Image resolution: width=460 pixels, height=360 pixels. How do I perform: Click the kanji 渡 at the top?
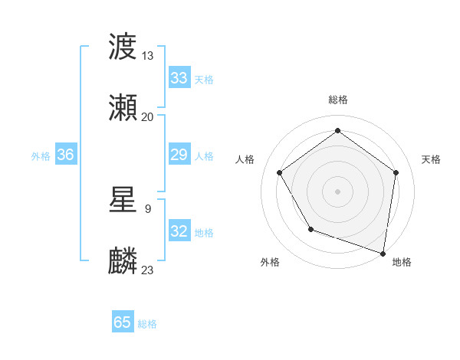click(123, 48)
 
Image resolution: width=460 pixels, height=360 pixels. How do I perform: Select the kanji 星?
click(123, 200)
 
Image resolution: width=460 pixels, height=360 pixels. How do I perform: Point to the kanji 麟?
click(123, 260)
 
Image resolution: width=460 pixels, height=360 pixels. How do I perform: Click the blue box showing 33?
click(179, 78)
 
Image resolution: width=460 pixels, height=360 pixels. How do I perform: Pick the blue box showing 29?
click(179, 155)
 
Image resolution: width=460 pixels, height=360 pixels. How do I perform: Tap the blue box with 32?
click(179, 231)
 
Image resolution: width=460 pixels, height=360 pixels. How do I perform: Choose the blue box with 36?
click(66, 155)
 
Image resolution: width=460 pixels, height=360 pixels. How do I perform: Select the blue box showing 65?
click(123, 322)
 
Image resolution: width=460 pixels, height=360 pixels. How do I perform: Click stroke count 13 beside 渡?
click(147, 56)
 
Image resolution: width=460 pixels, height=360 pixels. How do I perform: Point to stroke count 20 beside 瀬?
click(147, 116)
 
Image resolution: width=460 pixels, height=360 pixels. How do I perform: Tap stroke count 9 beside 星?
click(147, 208)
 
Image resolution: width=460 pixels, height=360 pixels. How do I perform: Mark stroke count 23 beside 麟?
click(147, 269)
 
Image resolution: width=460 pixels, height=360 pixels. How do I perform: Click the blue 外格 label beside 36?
click(41, 155)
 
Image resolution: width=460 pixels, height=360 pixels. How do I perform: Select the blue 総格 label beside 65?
click(147, 324)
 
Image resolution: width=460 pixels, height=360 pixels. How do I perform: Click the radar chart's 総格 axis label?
click(338, 100)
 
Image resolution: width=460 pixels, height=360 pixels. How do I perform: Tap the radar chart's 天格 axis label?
click(431, 159)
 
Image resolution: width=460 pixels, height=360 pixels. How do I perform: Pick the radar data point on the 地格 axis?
click(383, 253)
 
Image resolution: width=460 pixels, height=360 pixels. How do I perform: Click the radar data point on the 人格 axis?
click(280, 172)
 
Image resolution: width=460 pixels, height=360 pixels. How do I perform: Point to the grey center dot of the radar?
click(338, 191)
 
